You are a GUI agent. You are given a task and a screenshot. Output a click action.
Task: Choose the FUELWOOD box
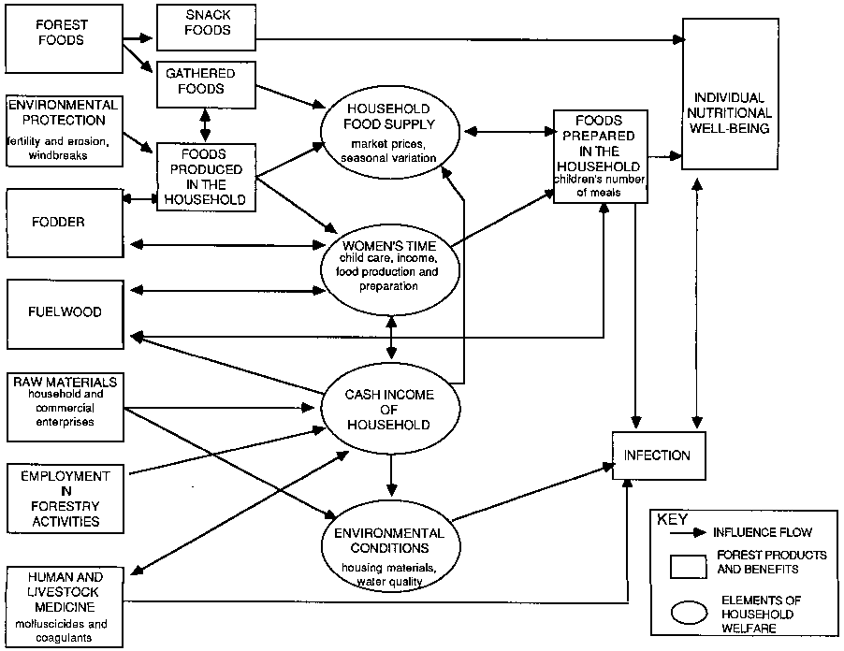point(65,311)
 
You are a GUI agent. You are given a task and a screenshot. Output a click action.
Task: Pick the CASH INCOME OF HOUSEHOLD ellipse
point(391,410)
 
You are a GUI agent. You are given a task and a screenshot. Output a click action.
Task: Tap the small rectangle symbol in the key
point(686,565)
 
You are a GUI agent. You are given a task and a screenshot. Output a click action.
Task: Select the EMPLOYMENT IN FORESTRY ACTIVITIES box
point(65,499)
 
